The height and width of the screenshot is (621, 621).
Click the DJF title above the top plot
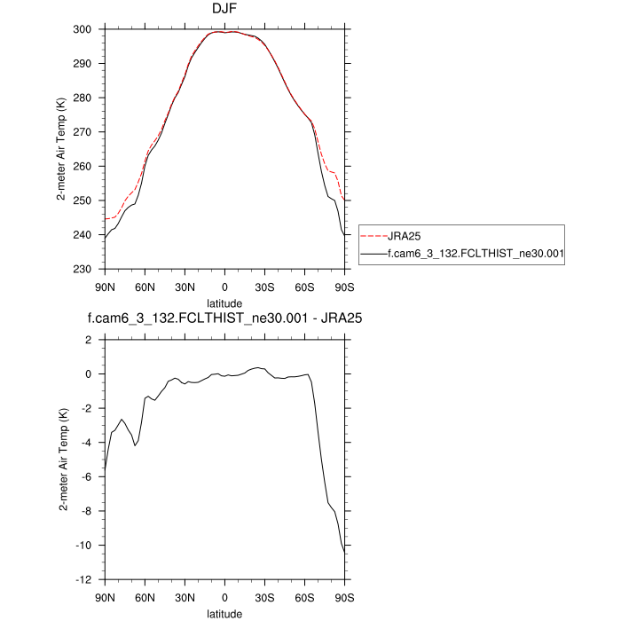224,11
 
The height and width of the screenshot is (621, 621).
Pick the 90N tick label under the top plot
105,286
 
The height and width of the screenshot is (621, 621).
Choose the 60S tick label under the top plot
304,286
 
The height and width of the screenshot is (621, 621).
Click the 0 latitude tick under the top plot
224,286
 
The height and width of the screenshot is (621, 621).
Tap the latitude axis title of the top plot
224,303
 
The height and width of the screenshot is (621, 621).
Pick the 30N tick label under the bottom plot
185,596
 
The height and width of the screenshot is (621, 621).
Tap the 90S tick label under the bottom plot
344,596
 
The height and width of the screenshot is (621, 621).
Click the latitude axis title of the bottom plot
224,613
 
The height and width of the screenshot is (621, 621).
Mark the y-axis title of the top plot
63,149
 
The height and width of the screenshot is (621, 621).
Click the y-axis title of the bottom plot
63,460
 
